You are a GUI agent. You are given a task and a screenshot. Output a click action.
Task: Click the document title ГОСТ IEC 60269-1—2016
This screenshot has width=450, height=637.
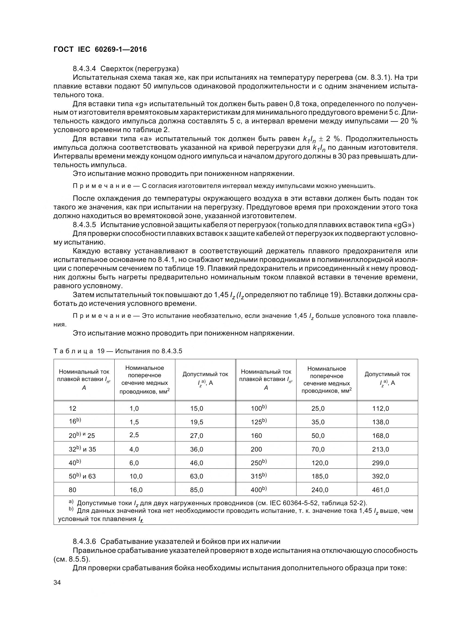pos(100,50)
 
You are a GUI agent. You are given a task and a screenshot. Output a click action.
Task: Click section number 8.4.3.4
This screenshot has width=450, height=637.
pos(85,69)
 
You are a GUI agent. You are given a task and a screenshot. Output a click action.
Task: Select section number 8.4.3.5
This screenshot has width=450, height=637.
pos(85,225)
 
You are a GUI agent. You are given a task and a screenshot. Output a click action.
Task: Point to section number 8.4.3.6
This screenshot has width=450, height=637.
pos(85,541)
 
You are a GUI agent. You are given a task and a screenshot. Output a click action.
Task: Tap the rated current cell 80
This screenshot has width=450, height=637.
pos(73,490)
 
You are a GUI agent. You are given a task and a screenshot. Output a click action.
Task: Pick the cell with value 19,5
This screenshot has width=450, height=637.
pos(197,422)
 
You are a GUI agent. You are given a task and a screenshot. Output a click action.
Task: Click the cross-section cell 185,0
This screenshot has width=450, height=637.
pos(320,476)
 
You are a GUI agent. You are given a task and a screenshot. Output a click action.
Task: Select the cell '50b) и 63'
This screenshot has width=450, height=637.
pos(82,476)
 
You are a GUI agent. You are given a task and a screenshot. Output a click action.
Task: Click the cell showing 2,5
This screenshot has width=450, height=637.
pos(134,435)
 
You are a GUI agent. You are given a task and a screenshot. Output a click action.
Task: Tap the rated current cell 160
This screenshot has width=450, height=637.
pos(256,435)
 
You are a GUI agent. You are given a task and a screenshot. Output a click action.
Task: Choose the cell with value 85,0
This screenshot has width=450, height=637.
pos(197,490)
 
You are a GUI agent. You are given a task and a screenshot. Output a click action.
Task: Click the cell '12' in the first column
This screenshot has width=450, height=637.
pos(73,409)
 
